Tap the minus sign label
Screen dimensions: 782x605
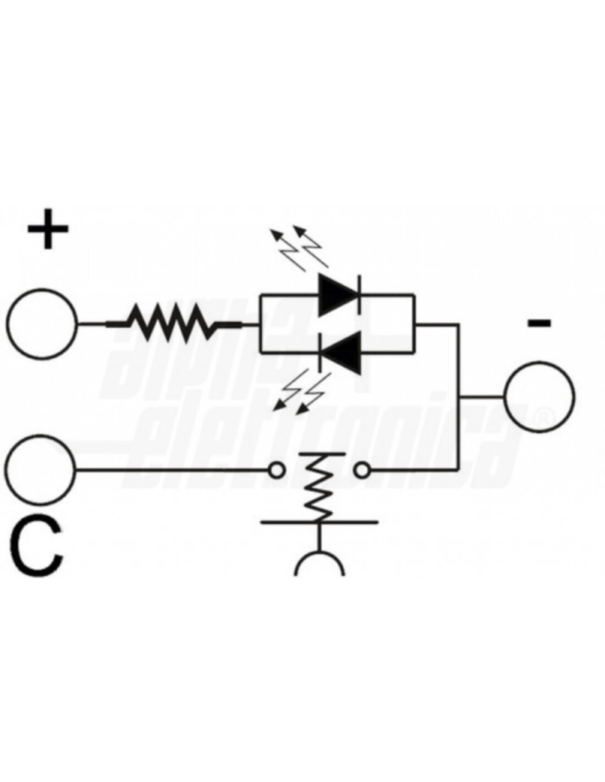(x=539, y=323)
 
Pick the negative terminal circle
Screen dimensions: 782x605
(x=539, y=396)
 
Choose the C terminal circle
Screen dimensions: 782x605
(x=41, y=470)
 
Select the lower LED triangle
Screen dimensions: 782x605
(x=341, y=352)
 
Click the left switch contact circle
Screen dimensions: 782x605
(x=277, y=470)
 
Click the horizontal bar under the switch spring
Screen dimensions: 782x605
(x=319, y=521)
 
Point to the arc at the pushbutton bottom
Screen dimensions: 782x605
(x=320, y=564)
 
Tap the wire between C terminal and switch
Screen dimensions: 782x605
(x=170, y=470)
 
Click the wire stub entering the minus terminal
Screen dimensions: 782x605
(x=481, y=396)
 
